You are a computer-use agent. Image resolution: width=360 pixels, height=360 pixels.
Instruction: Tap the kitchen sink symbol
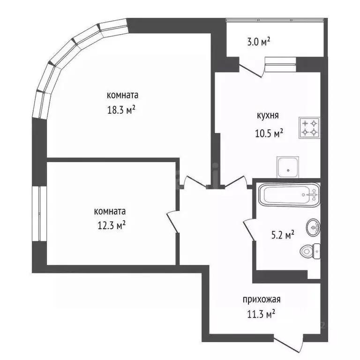click(x=287, y=166)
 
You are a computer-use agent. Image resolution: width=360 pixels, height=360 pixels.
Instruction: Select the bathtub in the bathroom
click(x=288, y=195)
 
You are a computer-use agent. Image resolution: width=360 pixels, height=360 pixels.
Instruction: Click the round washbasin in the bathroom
click(x=313, y=228)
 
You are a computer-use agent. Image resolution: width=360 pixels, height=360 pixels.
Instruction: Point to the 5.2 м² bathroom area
click(x=284, y=234)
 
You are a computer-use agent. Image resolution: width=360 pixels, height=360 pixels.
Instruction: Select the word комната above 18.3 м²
click(x=123, y=95)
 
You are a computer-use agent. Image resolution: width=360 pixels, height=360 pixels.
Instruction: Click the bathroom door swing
click(x=248, y=230)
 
